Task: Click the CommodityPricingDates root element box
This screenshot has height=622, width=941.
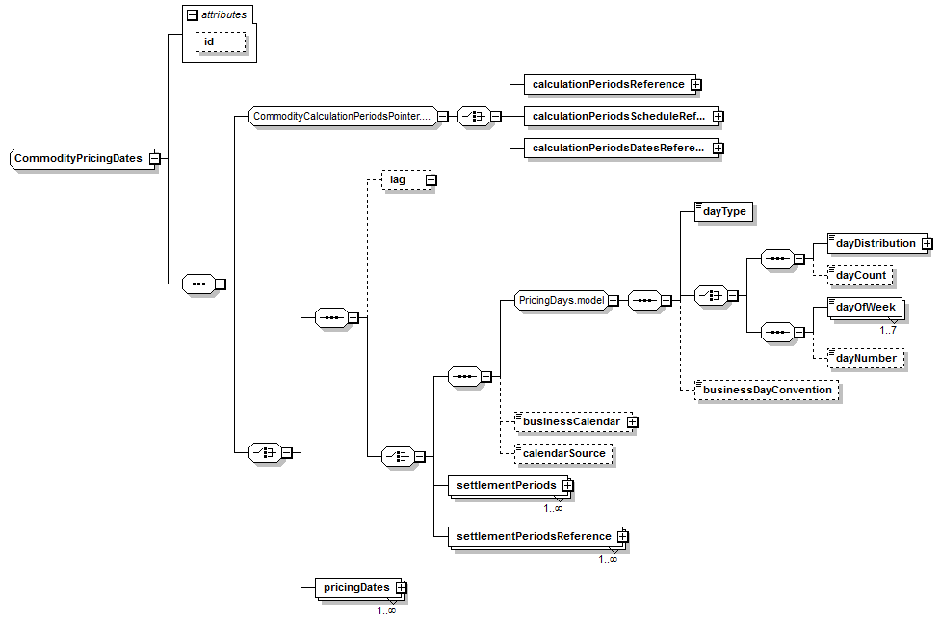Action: pyautogui.click(x=78, y=158)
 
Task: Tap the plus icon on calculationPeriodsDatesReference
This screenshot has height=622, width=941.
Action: pyautogui.click(x=718, y=149)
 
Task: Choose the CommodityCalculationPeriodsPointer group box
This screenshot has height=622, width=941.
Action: pyautogui.click(x=342, y=116)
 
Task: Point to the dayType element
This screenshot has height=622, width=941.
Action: pyautogui.click(x=722, y=211)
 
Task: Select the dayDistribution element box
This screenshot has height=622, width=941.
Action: pyautogui.click(x=875, y=243)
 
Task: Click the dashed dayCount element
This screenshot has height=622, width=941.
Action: pyautogui.click(x=860, y=275)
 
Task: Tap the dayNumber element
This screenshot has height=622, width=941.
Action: pyautogui.click(x=865, y=358)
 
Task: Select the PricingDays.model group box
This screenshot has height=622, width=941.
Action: pyautogui.click(x=561, y=300)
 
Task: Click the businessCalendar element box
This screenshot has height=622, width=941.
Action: pyautogui.click(x=569, y=421)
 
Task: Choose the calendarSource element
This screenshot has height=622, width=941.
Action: pyautogui.click(x=562, y=452)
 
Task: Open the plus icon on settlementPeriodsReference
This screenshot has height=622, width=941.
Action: pyautogui.click(x=622, y=536)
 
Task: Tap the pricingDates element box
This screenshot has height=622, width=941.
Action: pyautogui.click(x=355, y=586)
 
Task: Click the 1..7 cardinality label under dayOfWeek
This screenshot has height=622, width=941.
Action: pyautogui.click(x=888, y=330)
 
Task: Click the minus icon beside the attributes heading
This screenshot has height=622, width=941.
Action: pyautogui.click(x=193, y=14)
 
